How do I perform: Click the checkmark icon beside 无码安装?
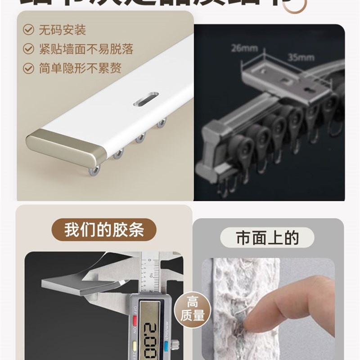click(29, 31)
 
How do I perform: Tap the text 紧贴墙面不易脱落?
click(86, 49)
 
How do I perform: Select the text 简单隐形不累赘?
click(80, 68)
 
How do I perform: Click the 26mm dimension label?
click(241, 47)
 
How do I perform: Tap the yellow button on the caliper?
click(134, 347)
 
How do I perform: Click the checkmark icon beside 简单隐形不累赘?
click(29, 68)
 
